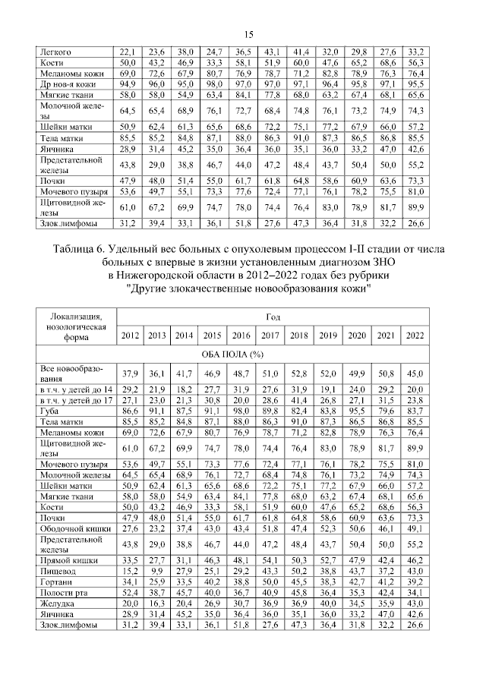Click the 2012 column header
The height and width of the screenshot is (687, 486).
point(130,336)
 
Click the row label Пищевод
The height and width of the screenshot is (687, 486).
point(59,570)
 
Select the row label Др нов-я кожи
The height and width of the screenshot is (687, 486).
point(70,83)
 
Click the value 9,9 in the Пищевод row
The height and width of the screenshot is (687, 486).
point(157,570)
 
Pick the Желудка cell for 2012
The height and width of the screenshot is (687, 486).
point(130,603)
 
